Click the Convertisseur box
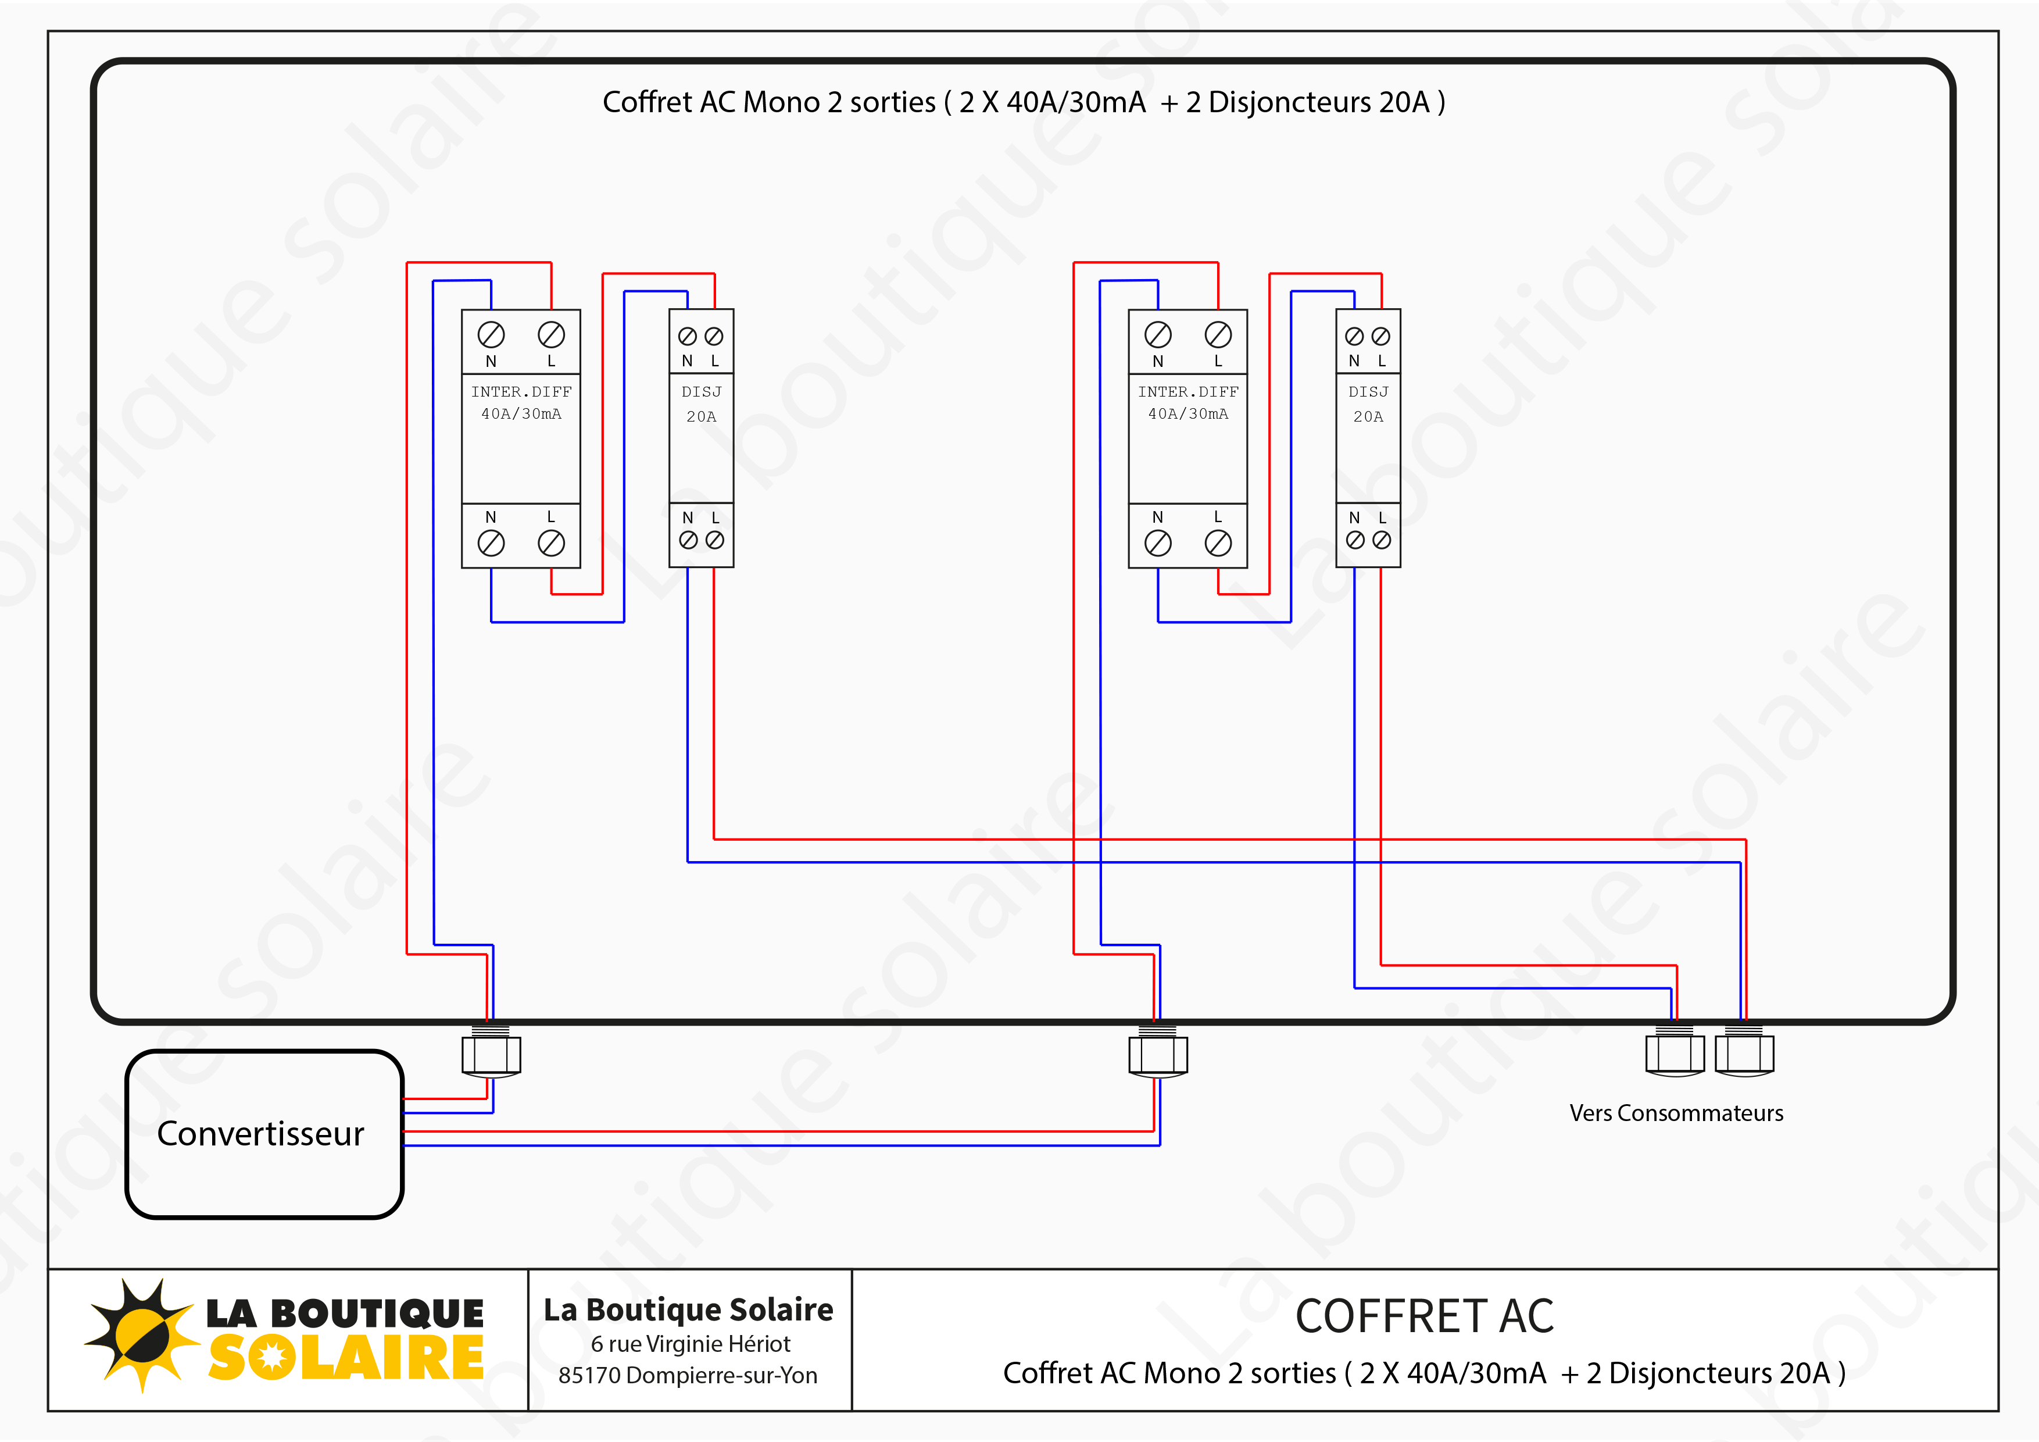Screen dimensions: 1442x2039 264,1134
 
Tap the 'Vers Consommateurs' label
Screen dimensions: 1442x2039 1676,1113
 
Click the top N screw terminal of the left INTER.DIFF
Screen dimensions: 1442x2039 491,335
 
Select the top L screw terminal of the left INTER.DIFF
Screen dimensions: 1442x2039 552,335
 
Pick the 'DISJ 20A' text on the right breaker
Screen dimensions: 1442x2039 1368,404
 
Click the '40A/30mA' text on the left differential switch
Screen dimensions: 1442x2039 521,414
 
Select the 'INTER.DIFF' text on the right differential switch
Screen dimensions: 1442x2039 1188,392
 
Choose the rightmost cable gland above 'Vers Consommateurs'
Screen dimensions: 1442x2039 1744,1053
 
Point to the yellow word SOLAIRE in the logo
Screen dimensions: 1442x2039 346,1358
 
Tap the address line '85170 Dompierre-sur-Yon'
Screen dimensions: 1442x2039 688,1375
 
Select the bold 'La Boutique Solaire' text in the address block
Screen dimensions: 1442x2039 688,1309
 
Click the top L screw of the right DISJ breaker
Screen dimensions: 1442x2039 1381,337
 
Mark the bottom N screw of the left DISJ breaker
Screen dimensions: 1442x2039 688,540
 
